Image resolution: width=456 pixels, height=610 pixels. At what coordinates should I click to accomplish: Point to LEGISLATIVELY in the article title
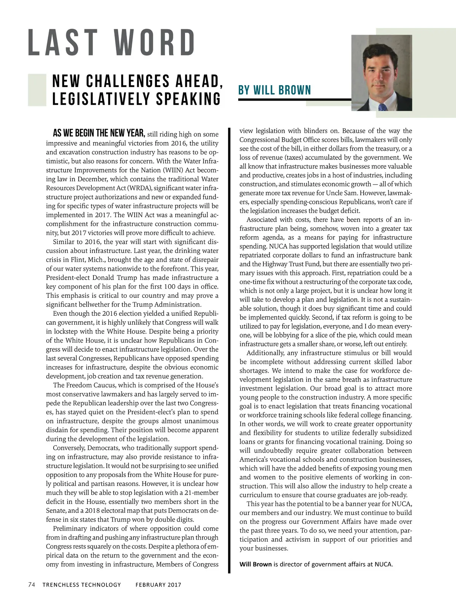[100, 99]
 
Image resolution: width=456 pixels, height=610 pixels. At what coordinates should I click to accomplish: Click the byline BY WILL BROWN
[274, 90]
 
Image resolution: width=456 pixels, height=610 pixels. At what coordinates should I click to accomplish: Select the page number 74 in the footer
[32, 585]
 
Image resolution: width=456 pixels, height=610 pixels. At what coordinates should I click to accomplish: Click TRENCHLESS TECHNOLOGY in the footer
[81, 585]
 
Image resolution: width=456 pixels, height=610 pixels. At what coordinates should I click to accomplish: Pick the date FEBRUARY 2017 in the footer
[158, 585]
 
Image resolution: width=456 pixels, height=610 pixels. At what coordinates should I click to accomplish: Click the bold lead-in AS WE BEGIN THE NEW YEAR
[99, 133]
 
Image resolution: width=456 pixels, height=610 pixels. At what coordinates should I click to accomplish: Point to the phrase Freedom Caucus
[88, 385]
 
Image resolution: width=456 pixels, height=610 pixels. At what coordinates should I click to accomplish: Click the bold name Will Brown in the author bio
[255, 564]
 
